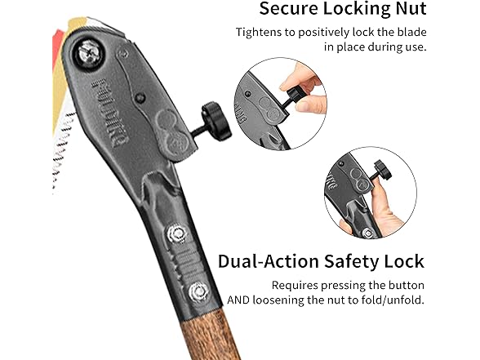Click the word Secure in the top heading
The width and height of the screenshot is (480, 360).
tap(289, 8)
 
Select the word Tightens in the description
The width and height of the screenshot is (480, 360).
tap(258, 33)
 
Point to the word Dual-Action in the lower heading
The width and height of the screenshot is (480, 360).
tap(269, 261)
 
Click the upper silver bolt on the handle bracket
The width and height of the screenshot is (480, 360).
tap(177, 234)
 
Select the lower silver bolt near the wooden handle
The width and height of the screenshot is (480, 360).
tap(198, 291)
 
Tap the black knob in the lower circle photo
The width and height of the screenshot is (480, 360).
tap(383, 171)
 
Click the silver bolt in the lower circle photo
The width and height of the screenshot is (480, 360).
tap(368, 233)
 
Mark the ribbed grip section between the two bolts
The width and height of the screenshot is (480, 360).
tap(186, 262)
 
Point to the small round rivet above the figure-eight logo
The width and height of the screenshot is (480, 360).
tap(140, 98)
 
